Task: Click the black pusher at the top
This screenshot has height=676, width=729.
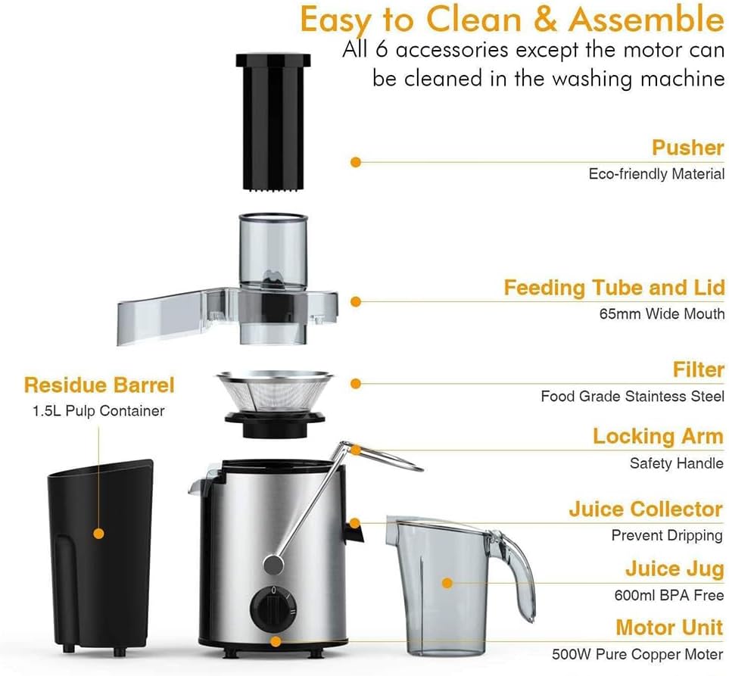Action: [273, 121]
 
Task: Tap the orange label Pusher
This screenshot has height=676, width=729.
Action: [687, 148]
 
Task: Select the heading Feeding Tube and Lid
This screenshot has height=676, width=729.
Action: [614, 288]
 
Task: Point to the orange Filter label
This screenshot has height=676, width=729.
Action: [698, 370]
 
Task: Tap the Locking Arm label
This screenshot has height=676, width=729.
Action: [658, 437]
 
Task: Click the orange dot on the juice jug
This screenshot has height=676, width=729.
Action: [447, 584]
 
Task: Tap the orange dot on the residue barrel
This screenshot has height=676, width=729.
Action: [98, 533]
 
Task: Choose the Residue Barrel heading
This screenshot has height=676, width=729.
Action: [99, 385]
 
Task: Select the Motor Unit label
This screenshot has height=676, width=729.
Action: [669, 628]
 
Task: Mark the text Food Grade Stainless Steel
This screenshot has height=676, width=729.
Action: [632, 396]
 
